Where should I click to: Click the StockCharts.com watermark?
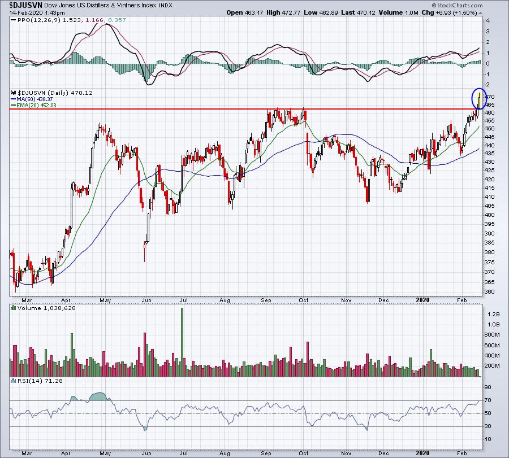pos(457,5)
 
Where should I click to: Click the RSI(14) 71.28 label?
pos(36,381)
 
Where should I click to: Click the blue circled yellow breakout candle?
pos(479,100)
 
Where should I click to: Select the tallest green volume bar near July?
pos(182,342)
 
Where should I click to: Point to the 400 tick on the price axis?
pos(490,215)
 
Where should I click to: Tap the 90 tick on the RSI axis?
pos(488,387)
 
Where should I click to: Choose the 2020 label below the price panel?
pos(422,300)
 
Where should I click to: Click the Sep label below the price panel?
pos(266,300)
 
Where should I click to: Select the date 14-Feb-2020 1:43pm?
pos(37,12)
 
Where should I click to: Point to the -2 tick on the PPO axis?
pos(488,85)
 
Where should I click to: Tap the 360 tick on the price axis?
pos(490,292)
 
